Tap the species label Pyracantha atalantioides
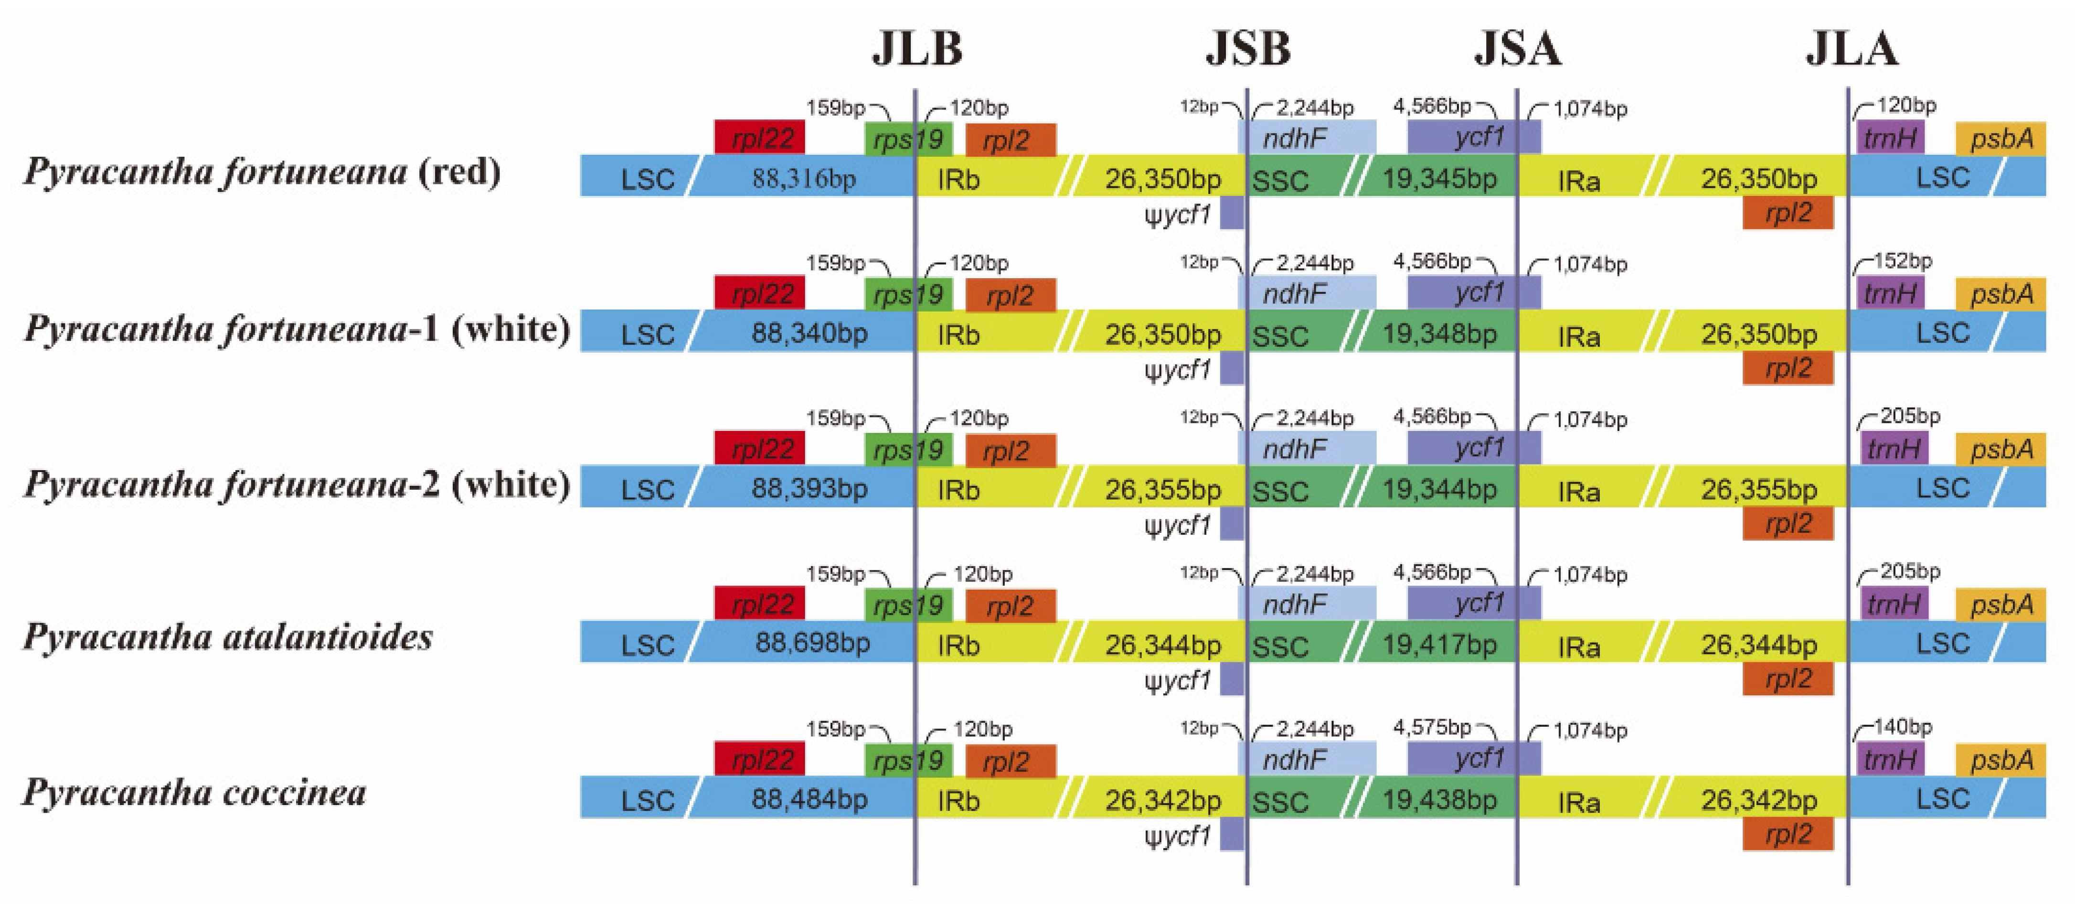[228, 637]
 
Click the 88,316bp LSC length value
[804, 178]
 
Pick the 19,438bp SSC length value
[1439, 799]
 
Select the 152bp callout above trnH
[1903, 261]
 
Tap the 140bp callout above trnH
[1903, 727]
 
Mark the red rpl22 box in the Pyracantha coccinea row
[759, 760]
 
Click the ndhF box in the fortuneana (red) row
[1307, 138]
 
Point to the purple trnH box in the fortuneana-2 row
[1894, 449]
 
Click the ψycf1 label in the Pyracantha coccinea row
[1178, 836]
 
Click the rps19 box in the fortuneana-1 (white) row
[908, 294]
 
